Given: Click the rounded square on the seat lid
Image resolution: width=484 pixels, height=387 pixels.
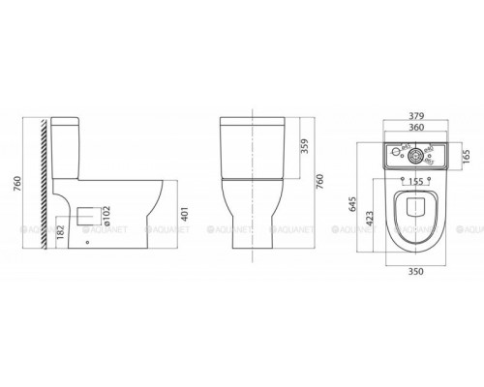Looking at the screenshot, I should click(x=413, y=205).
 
